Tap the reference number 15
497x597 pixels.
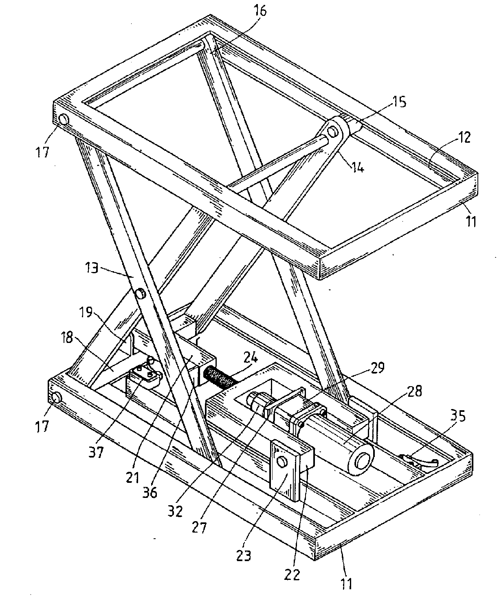click(x=399, y=102)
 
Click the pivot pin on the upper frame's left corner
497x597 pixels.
click(x=64, y=120)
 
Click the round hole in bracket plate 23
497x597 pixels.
click(x=281, y=461)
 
